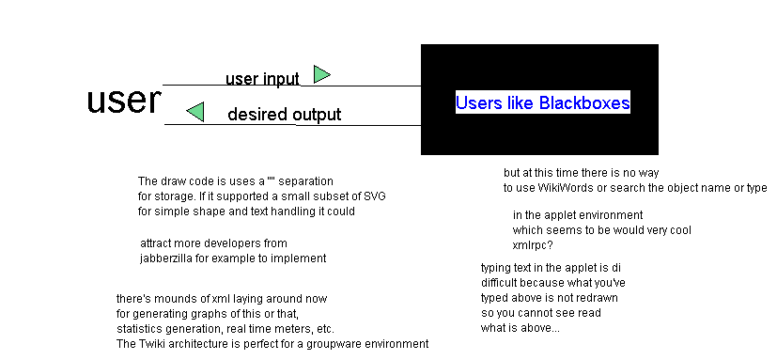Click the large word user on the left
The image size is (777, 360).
coord(124,100)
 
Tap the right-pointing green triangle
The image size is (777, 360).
coord(321,74)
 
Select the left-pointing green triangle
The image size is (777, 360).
coord(195,112)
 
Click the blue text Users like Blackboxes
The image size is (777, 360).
coord(543,102)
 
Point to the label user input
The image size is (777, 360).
coord(263,79)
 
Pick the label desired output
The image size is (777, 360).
coord(285,115)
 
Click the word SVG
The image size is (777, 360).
coord(375,196)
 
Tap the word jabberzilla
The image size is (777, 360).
coord(166,258)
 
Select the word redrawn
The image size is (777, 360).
coord(598,298)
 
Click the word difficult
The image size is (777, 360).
coord(499,283)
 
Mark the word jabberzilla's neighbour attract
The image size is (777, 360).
coord(156,243)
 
